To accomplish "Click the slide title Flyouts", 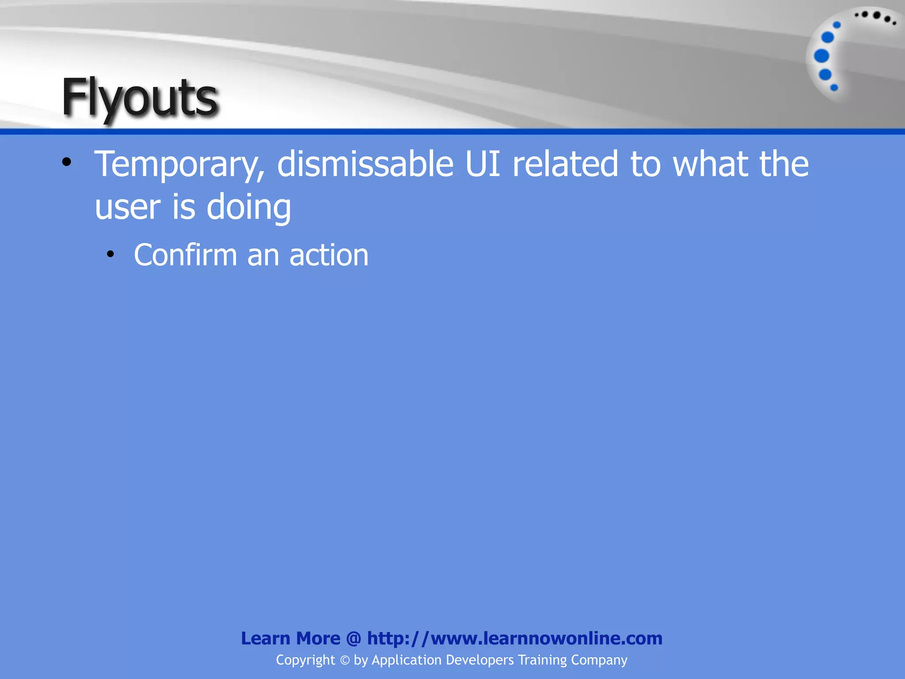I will [140, 98].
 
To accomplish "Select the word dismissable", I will [365, 164].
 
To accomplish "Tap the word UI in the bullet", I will [483, 164].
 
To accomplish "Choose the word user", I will [127, 207].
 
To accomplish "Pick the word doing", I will [249, 208].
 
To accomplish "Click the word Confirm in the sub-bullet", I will [186, 255].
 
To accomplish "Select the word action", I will [329, 256].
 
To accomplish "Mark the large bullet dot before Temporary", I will [67, 162].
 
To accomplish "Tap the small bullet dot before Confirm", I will [110, 254].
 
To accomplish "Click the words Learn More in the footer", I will [290, 638].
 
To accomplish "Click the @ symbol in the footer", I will [354, 639].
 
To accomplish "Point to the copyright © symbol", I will [345, 660].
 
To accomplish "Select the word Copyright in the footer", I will [305, 660].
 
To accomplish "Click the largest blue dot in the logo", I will [821, 56].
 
